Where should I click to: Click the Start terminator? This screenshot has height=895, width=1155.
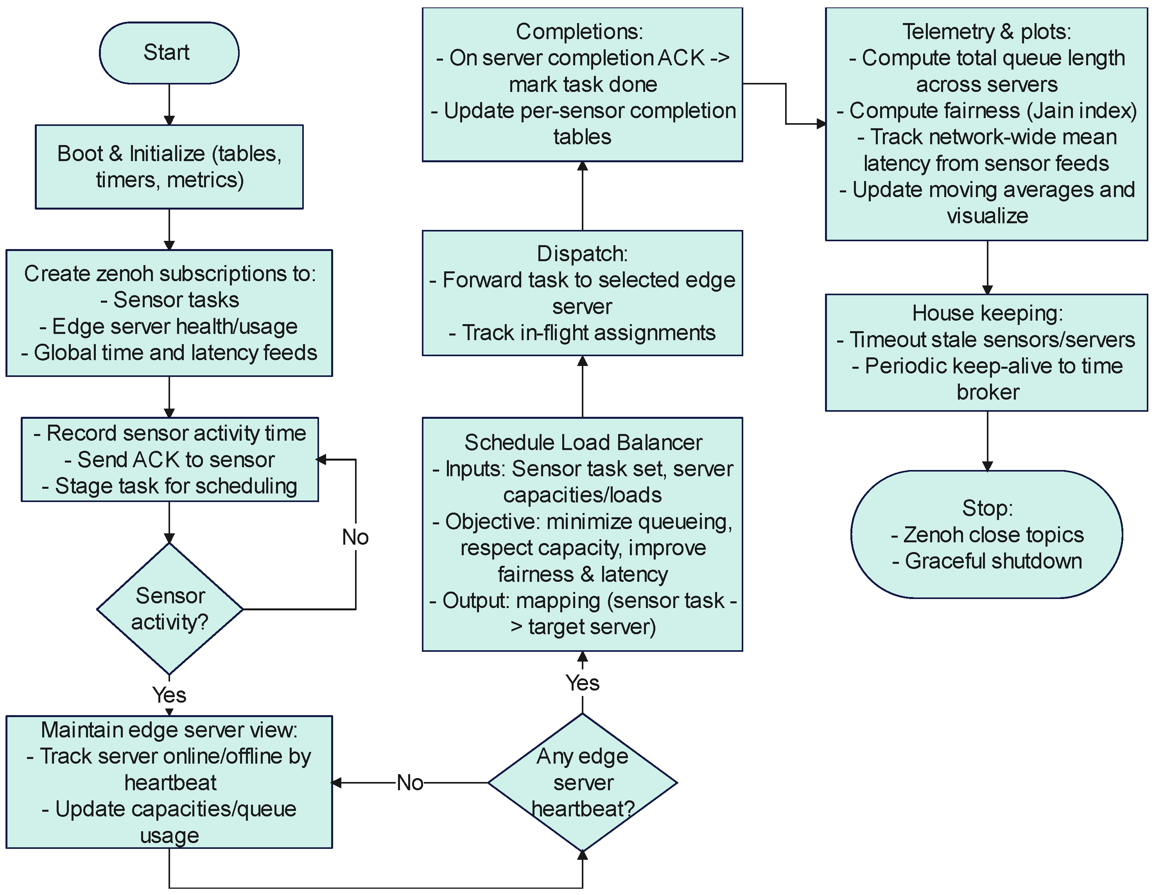(x=169, y=53)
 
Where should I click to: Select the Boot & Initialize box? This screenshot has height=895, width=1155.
(x=169, y=167)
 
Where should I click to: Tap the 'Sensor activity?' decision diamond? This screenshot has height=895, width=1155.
(x=170, y=609)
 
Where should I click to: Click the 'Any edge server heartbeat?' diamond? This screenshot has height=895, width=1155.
(x=582, y=782)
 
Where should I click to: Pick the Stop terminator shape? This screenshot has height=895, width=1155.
(x=987, y=534)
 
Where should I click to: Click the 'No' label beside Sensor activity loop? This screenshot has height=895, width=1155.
(x=355, y=537)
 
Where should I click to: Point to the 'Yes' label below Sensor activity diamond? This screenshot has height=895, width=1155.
(x=169, y=694)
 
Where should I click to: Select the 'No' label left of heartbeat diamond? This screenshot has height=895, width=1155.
(x=410, y=783)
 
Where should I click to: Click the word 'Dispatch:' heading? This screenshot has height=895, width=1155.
(x=582, y=254)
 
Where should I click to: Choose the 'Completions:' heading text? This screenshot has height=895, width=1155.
(x=579, y=32)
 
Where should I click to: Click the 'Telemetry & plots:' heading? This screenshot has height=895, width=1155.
(x=987, y=32)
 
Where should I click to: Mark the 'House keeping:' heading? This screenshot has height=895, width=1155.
(x=987, y=313)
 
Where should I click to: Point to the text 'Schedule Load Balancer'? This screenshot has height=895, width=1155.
(x=583, y=442)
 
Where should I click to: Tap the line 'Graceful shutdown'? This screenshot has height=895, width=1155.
(x=987, y=561)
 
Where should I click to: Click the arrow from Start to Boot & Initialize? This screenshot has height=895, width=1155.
(x=169, y=104)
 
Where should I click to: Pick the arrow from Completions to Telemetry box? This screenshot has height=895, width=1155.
(x=785, y=104)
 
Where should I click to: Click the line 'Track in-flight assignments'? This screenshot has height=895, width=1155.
(x=582, y=333)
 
